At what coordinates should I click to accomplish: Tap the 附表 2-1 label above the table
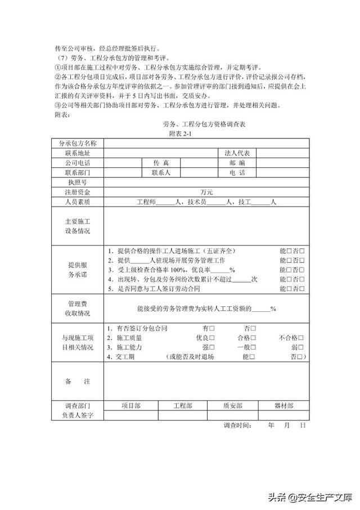click(x=181, y=133)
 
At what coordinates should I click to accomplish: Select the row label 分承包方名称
click(x=78, y=144)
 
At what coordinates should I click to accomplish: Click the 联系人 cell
click(x=164, y=172)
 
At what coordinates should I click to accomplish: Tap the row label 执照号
click(x=78, y=182)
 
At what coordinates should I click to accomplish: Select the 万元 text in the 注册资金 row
click(x=207, y=192)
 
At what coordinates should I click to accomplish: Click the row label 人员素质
click(x=78, y=202)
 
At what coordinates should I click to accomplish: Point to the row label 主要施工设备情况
click(x=78, y=226)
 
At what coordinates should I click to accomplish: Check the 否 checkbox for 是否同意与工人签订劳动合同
click(x=303, y=289)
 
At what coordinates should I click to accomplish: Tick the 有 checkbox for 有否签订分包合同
click(x=212, y=328)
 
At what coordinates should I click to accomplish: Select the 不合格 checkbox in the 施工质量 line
click(x=303, y=338)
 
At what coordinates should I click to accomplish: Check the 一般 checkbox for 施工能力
click(x=253, y=347)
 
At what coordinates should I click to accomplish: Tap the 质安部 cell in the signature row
click(x=232, y=405)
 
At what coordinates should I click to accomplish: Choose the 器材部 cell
click(x=283, y=405)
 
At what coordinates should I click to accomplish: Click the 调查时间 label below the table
click(x=237, y=426)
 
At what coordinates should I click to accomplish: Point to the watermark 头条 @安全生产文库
click(x=309, y=497)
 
